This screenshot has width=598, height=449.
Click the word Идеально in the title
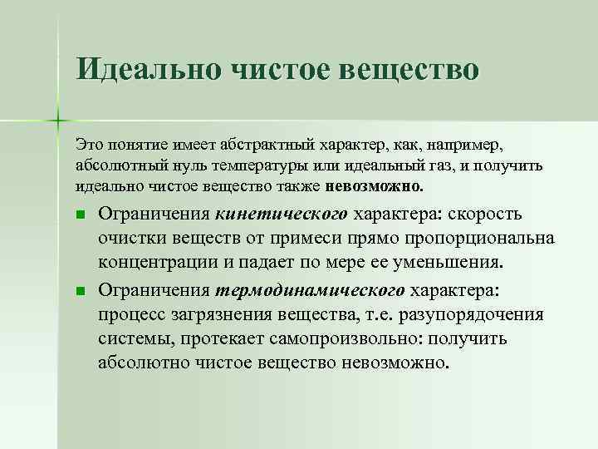click(x=140, y=67)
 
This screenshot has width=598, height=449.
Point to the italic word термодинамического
click(x=311, y=290)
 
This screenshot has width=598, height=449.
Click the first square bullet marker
click(x=80, y=215)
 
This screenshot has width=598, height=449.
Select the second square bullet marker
click(x=80, y=291)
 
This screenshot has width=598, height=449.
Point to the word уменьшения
click(x=456, y=264)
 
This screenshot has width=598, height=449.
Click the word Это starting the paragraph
click(x=88, y=145)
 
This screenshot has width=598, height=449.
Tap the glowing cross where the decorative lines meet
click(x=58, y=120)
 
